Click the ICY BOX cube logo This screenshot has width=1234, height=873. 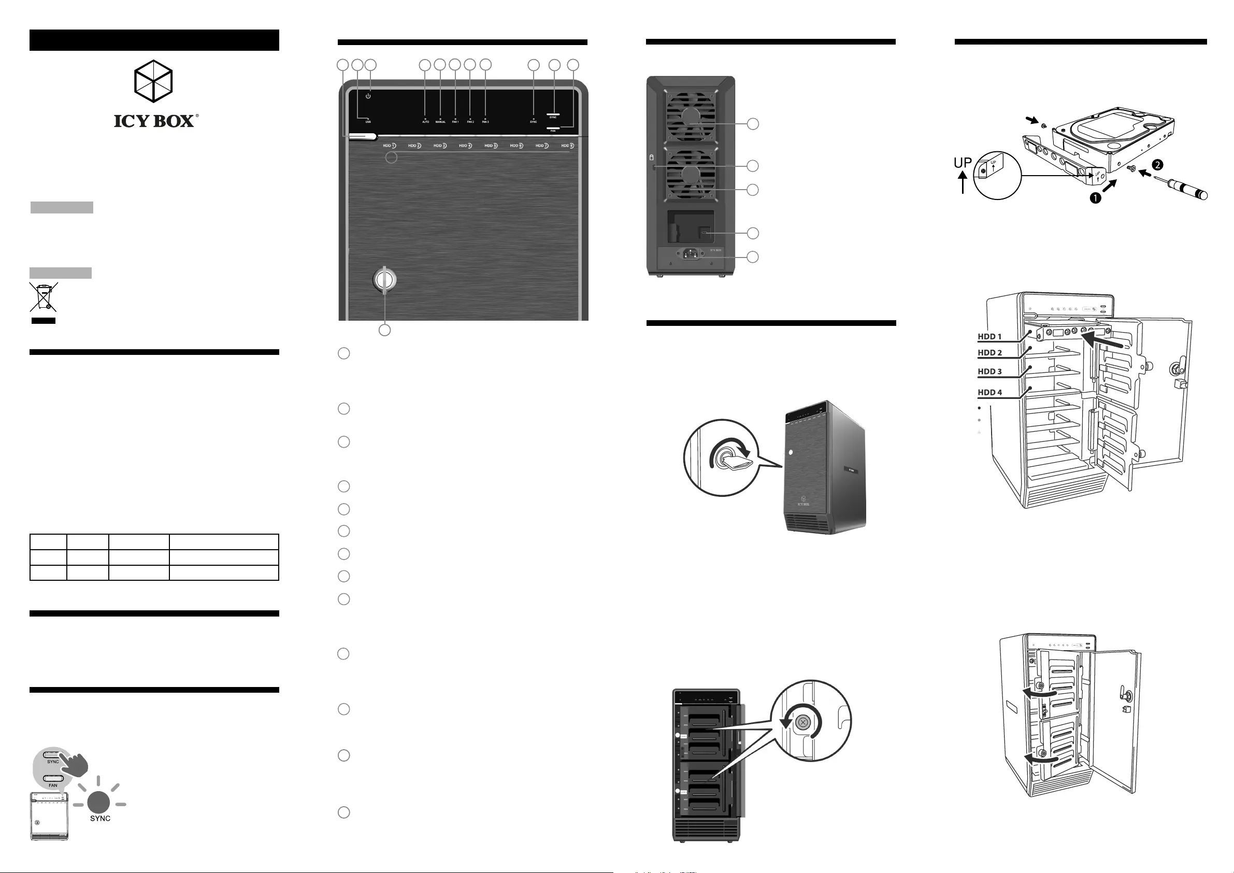click(153, 81)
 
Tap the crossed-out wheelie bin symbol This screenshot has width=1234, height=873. click(43, 297)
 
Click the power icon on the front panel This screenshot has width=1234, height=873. click(368, 96)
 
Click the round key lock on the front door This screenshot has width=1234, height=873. click(384, 280)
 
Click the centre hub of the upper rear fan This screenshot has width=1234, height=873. click(691, 116)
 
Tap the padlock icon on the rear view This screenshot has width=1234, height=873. click(652, 158)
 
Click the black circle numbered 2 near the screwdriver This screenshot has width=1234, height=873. click(1158, 164)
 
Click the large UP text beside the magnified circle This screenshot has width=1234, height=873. click(963, 162)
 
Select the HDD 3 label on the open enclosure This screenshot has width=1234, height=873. click(989, 371)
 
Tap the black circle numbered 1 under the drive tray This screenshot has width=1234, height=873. click(1095, 198)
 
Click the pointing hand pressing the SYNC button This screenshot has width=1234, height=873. click(75, 763)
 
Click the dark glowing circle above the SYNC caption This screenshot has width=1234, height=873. click(99, 802)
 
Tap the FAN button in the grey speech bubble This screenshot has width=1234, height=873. click(53, 778)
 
